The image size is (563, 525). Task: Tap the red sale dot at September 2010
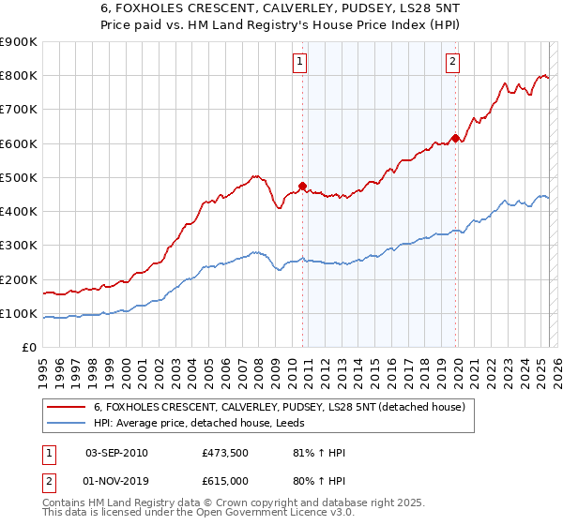302,186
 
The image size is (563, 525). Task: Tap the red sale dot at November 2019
455,138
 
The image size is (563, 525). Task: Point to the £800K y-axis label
18,76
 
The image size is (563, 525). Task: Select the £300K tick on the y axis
18,246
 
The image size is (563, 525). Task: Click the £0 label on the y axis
28,348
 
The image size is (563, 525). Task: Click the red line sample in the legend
67,407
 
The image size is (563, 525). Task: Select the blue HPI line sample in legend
67,424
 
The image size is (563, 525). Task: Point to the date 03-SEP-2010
116,453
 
